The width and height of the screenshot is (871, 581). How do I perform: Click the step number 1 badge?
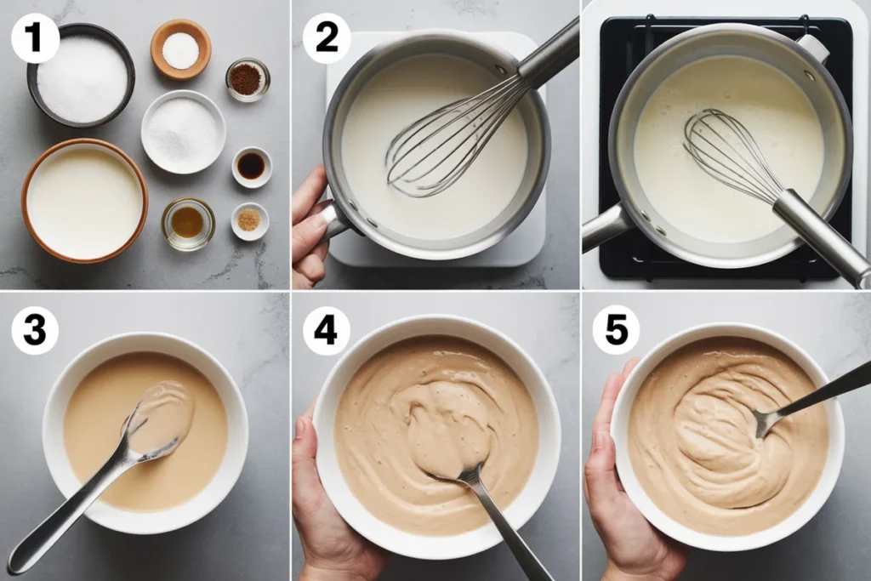35,39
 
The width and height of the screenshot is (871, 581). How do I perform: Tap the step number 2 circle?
327,38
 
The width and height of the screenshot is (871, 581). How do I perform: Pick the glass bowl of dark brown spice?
248,79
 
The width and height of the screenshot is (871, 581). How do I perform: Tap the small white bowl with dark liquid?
251,166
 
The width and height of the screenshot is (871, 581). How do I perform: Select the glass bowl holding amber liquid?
188,224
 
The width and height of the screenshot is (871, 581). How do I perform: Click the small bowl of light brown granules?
249,220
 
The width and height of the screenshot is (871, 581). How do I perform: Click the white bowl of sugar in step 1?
183,133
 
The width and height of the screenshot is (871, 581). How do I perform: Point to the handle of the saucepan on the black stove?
606,228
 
